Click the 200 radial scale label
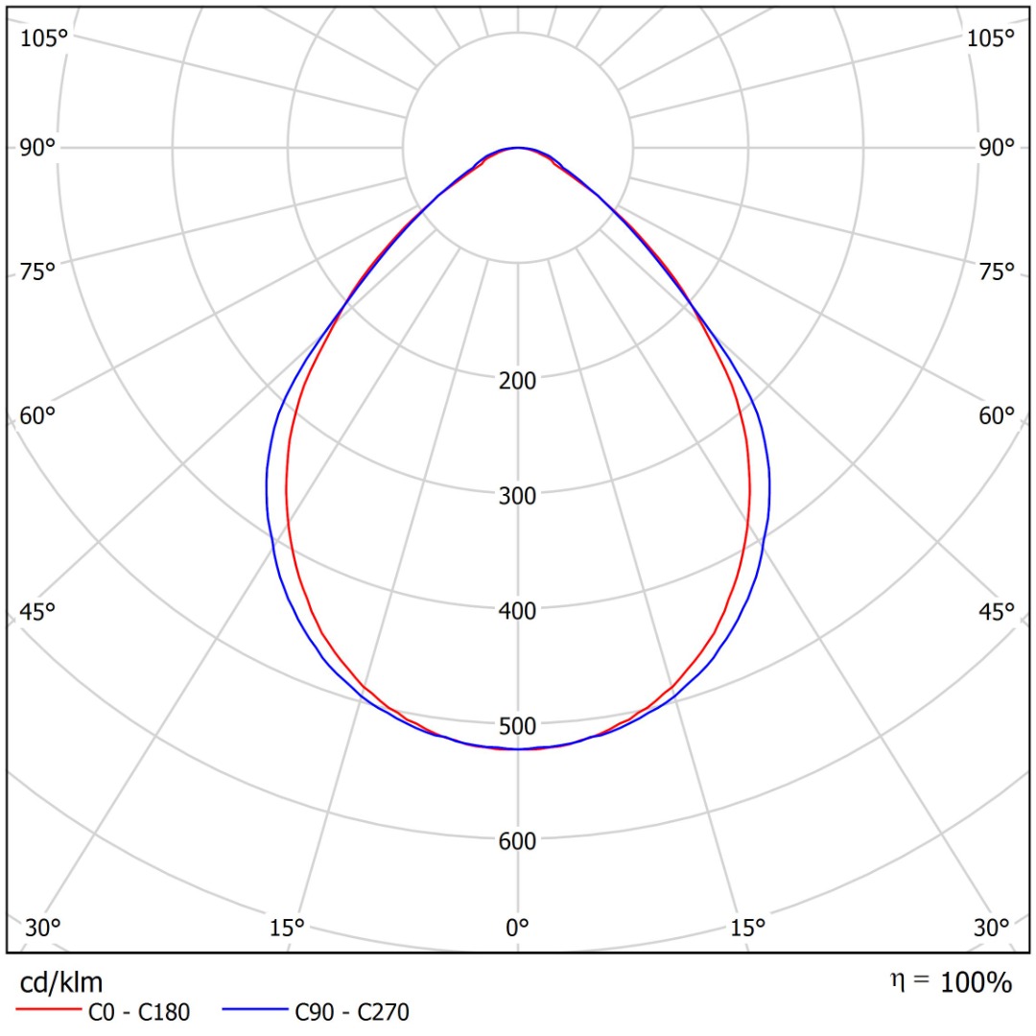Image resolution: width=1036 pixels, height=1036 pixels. pos(518,380)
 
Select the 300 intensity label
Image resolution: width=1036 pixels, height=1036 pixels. pos(518,495)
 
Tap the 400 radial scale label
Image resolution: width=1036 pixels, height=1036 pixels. pos(518,610)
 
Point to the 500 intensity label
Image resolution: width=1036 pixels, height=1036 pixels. pos(518,725)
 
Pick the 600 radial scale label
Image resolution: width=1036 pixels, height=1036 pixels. pos(518,841)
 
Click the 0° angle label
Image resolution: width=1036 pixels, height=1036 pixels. pos(518,928)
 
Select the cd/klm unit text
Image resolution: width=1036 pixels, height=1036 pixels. pos(60,982)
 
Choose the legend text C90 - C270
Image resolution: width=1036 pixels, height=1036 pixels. pos(352,1011)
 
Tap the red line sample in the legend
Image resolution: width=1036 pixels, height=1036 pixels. pos(48,1011)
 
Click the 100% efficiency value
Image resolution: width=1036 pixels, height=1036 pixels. pos(976,982)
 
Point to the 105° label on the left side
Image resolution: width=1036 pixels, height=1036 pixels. pos(45,38)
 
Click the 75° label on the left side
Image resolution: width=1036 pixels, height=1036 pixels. pos(38,272)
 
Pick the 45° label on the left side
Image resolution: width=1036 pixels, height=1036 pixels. pos(38,611)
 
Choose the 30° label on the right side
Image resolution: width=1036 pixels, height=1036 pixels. pos(992,928)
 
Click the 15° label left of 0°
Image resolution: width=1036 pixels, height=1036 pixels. pos(287,928)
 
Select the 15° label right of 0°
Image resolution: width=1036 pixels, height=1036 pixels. pos(748,928)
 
